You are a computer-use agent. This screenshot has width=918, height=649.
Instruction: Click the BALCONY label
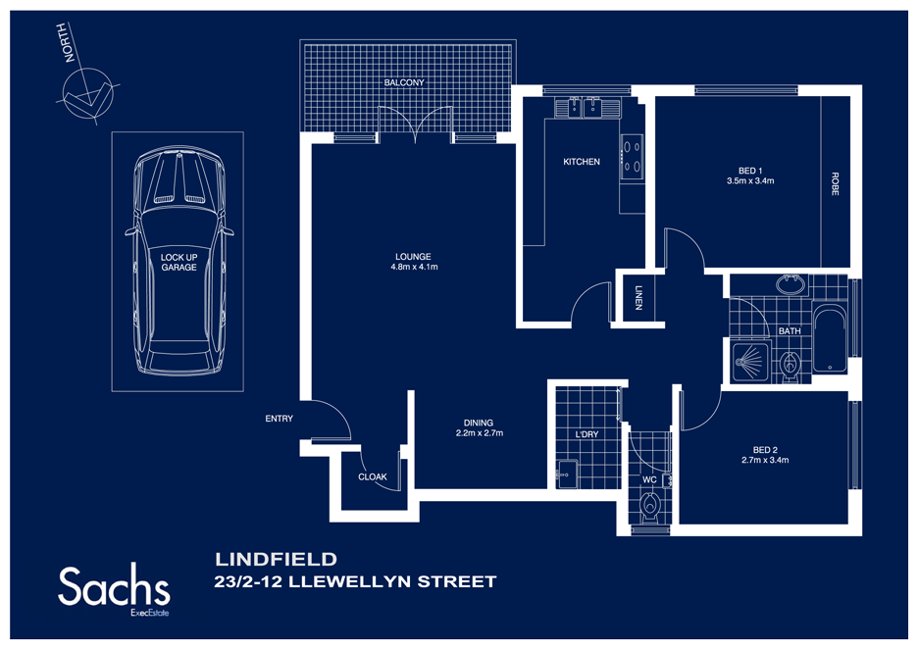pyautogui.click(x=404, y=83)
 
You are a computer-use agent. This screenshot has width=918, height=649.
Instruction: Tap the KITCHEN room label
pyautogui.click(x=581, y=162)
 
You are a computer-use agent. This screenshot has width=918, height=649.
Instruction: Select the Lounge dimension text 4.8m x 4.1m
pyautogui.click(x=414, y=267)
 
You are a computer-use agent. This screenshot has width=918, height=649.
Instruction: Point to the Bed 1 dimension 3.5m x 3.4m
pyautogui.click(x=750, y=180)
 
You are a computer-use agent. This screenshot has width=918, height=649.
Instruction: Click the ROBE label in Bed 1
pyautogui.click(x=835, y=185)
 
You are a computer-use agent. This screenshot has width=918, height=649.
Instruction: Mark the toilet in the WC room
pyautogui.click(x=649, y=509)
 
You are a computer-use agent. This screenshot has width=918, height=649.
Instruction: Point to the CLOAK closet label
pyautogui.click(x=373, y=477)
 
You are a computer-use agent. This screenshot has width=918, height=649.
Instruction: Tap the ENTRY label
pyautogui.click(x=279, y=419)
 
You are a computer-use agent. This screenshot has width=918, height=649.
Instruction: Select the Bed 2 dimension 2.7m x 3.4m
pyautogui.click(x=765, y=459)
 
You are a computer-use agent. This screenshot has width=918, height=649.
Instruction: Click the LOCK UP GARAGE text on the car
pyautogui.click(x=178, y=262)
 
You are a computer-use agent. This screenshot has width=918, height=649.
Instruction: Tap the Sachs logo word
pyautogui.click(x=114, y=586)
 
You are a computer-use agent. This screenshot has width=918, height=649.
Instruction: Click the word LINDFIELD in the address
pyautogui.click(x=276, y=560)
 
